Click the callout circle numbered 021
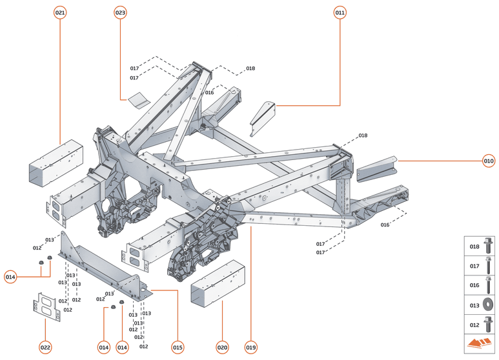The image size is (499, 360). (60, 13)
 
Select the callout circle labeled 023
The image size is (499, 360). (121, 13)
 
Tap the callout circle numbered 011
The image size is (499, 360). (340, 13)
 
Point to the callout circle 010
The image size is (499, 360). (489, 161)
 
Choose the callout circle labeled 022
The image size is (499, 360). (45, 348)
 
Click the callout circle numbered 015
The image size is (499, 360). (178, 348)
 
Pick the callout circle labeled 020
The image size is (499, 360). (222, 348)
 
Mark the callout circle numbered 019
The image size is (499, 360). (250, 348)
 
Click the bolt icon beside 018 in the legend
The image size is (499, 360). (489, 246)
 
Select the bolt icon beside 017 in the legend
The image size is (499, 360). (489, 266)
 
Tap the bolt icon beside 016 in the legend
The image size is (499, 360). (489, 285)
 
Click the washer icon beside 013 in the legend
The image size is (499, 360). (489, 305)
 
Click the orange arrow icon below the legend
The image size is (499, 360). (480, 343)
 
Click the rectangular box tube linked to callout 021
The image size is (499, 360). (56, 163)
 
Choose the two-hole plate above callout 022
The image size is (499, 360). (45, 307)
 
